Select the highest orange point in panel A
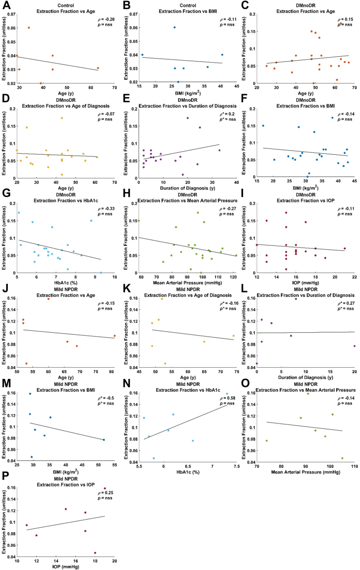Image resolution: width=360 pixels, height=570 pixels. click(29, 28)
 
